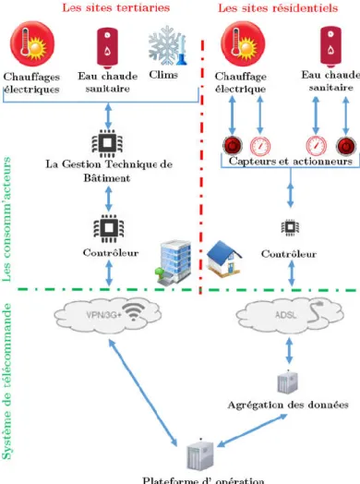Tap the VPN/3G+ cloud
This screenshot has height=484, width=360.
tap(108, 316)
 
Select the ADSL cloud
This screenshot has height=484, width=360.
tap(289, 316)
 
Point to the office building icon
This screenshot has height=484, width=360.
tap(173, 262)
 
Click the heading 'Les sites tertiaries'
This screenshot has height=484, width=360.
tap(116, 7)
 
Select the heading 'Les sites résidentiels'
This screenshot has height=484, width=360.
tap(278, 7)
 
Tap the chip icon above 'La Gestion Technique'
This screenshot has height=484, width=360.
tap(107, 143)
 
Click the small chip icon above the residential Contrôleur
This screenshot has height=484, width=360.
tap(290, 227)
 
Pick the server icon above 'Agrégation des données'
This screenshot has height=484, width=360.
tap(287, 382)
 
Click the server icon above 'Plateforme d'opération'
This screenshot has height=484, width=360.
tap(200, 454)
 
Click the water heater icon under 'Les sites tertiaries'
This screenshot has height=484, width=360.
tap(107, 47)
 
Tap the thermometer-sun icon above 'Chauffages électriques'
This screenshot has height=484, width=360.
tap(32, 43)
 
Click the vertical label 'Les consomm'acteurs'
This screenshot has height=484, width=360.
tap(6, 219)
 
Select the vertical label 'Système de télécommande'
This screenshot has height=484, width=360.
tap(6, 381)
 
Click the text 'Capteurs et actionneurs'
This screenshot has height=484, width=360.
tap(291, 161)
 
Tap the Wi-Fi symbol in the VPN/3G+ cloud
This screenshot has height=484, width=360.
tap(133, 311)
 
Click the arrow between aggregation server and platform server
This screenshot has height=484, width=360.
tap(252, 430)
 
